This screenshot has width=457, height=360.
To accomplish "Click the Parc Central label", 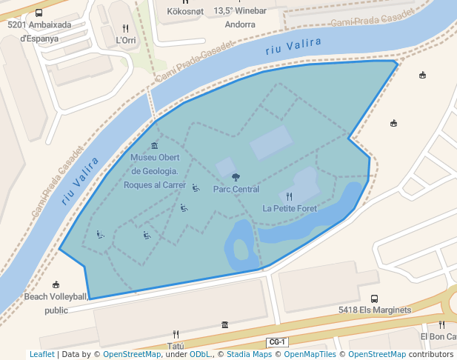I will [236, 189].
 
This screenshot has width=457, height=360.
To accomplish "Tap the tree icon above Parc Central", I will [236, 177].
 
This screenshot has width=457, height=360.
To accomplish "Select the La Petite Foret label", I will [290, 208].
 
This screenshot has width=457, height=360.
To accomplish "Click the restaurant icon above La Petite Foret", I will [289, 196].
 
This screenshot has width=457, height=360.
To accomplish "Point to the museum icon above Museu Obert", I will [154, 145].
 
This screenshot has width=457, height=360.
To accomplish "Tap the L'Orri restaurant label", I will [126, 41].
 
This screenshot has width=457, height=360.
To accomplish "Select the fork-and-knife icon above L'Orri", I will [126, 28].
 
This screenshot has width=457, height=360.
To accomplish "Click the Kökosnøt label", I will [186, 11].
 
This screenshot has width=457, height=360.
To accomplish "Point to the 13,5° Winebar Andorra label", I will [239, 17].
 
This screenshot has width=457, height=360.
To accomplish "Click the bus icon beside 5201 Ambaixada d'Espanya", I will [39, 12].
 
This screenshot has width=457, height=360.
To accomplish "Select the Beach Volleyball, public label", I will [56, 304].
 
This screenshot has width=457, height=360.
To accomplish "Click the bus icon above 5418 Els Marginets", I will [374, 299].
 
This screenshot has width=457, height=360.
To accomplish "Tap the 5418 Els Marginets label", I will [374, 310].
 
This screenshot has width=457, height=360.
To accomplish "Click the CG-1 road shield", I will [277, 341].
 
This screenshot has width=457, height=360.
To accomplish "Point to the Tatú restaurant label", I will [176, 346].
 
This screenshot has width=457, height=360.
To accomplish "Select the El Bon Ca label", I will [438, 336].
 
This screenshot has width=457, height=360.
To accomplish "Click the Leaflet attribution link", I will [41, 354].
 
